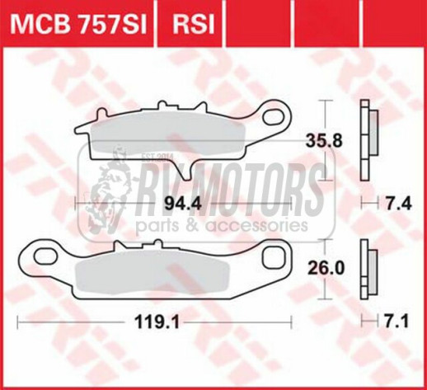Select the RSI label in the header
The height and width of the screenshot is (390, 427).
(x=192, y=24)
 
